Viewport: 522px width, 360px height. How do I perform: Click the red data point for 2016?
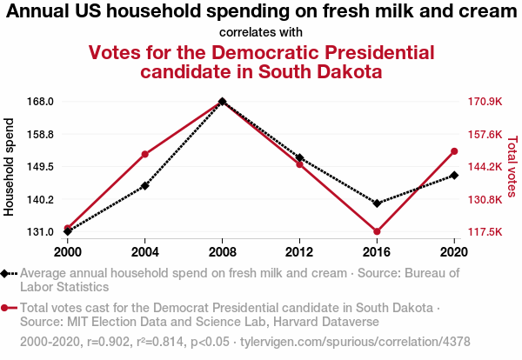tap(377, 231)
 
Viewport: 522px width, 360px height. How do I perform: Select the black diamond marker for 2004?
tap(144, 186)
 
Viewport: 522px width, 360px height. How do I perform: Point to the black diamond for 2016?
tap(377, 203)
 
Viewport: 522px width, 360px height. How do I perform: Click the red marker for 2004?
tap(144, 154)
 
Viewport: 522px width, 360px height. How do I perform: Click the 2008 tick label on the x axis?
tap(223, 251)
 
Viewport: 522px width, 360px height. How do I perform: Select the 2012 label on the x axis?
tap(299, 251)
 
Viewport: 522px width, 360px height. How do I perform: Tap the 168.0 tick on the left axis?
tap(41, 102)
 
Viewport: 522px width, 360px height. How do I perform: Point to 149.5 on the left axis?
tap(41, 167)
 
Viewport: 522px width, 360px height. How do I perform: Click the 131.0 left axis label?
tap(41, 232)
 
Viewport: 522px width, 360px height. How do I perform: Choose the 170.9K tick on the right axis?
tap(485, 102)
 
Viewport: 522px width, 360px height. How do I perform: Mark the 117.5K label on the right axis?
tap(485, 232)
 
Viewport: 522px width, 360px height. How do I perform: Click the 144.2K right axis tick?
tap(485, 167)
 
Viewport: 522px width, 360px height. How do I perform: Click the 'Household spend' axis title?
tap(10, 167)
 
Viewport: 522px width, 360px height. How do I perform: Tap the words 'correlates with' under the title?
tap(261, 32)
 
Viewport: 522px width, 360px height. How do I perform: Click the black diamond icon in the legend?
tap(7, 273)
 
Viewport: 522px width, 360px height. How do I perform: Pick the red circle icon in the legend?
tap(7, 308)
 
